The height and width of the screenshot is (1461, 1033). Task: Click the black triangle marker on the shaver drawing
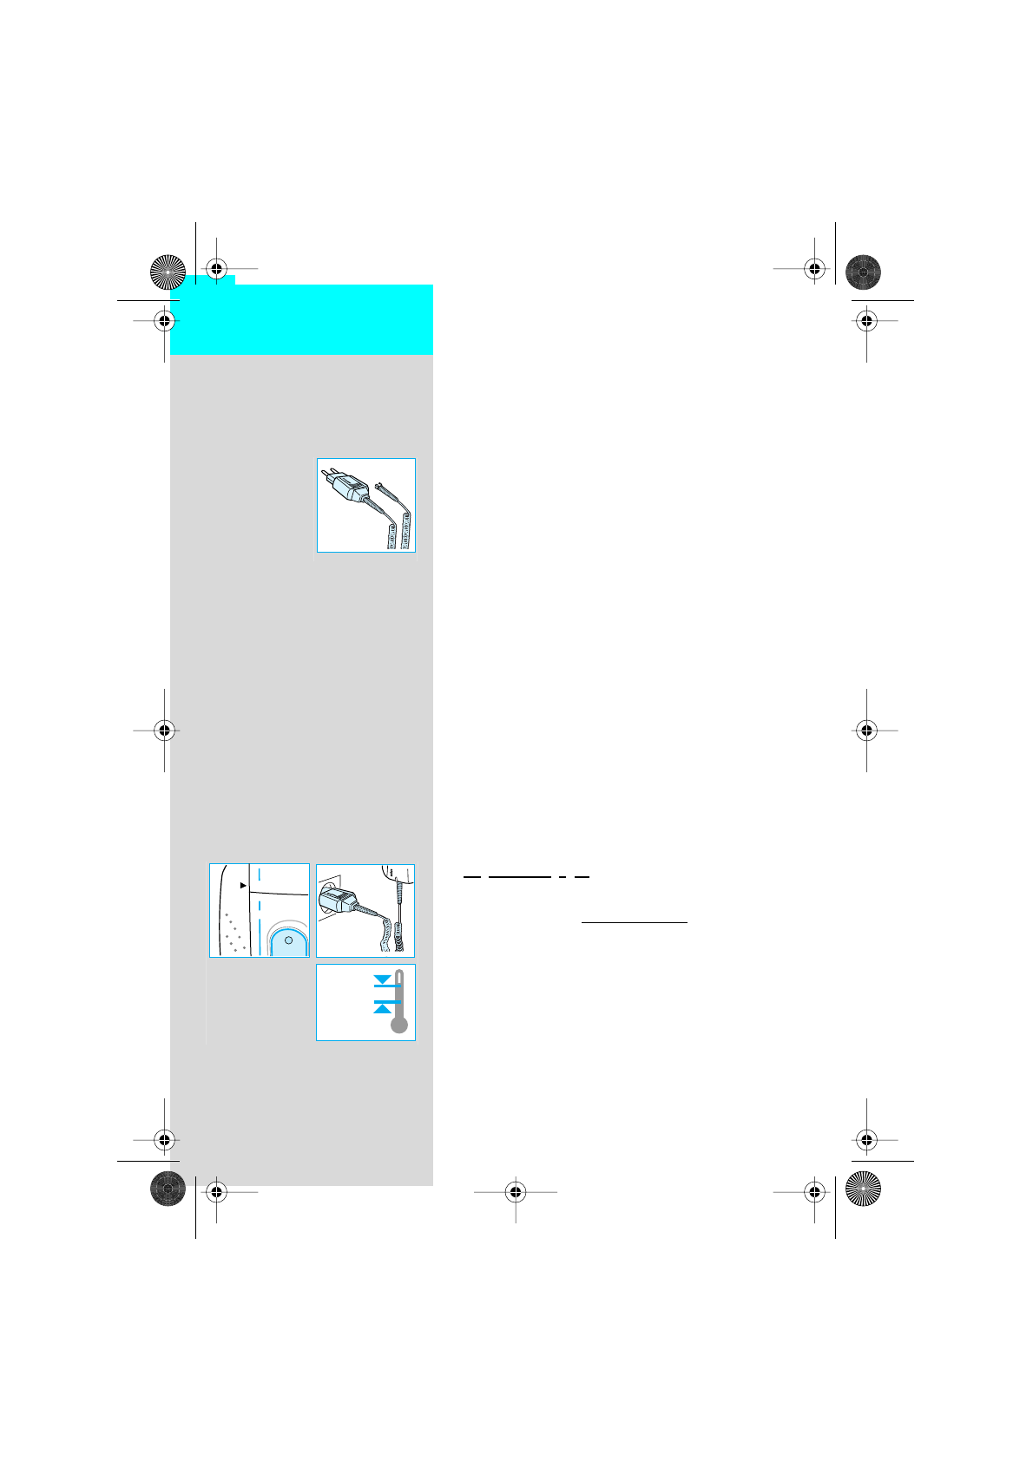coord(244,886)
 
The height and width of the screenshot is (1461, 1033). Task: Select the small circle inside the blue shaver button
coord(288,940)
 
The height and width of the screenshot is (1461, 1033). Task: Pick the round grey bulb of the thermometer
coord(399,1025)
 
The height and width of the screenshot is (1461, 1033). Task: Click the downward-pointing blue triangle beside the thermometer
coord(382,979)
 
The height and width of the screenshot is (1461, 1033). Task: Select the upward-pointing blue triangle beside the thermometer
coord(382,1008)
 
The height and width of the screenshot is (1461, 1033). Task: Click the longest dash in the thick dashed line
coord(519,877)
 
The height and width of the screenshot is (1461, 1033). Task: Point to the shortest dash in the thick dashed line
coord(563,877)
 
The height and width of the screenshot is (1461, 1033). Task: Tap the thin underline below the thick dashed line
coord(634,922)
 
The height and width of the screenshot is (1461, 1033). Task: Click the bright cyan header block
coord(301,318)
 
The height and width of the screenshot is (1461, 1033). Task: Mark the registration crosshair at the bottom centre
coord(516,1192)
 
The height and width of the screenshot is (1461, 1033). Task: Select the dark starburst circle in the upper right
coord(863,272)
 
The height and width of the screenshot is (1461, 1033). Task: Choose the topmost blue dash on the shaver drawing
coord(260,873)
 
